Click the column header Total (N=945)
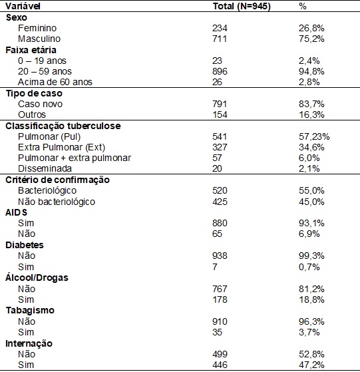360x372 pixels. click(242, 6)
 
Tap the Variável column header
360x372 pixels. click(23, 6)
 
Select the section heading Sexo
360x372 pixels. click(17, 17)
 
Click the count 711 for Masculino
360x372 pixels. click(220, 39)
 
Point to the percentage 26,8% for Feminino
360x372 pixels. click(311, 28)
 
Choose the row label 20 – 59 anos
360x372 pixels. click(45, 71)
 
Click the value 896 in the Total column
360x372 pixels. click(220, 71)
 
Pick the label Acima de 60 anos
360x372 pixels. click(55, 82)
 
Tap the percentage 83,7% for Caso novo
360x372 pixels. click(311, 104)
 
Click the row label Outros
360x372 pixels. click(32, 114)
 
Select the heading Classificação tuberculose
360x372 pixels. click(63, 126)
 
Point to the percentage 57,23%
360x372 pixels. click(314, 136)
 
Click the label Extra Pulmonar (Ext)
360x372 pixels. click(61, 147)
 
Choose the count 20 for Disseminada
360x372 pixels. click(217, 168)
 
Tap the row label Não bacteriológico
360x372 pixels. click(57, 202)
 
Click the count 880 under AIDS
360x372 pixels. click(220, 223)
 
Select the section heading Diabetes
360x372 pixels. click(25, 245)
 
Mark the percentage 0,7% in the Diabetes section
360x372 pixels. click(309, 267)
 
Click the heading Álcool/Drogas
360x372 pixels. click(37, 278)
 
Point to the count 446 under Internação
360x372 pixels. click(220, 365)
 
